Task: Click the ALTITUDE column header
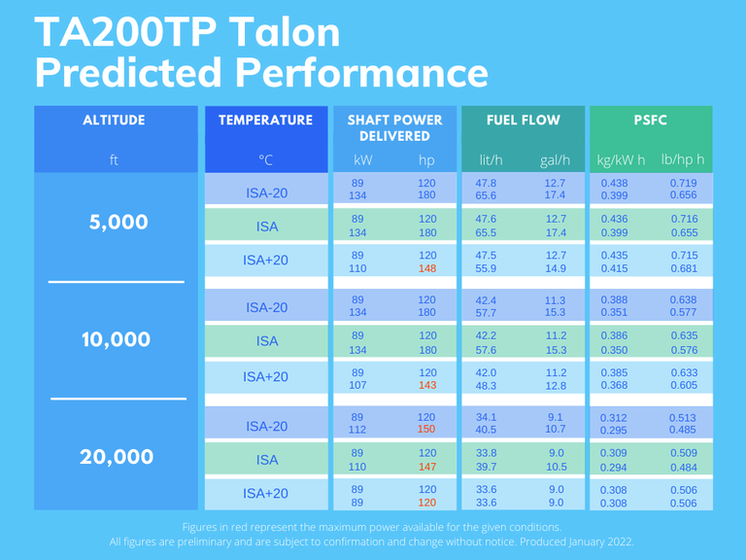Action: point(114,121)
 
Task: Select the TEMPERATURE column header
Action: point(265,121)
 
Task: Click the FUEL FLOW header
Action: point(525,121)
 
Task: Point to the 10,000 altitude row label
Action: point(115,339)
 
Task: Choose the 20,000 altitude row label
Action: point(115,457)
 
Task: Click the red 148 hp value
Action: point(426,268)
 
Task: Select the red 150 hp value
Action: point(426,430)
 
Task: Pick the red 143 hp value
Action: point(426,385)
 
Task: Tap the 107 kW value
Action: point(358,385)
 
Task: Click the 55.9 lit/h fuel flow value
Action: point(486,268)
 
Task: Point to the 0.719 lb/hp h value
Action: point(684,183)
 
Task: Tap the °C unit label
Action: point(265,159)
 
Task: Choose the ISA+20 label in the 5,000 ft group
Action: point(265,261)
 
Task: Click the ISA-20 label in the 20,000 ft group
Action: point(265,426)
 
